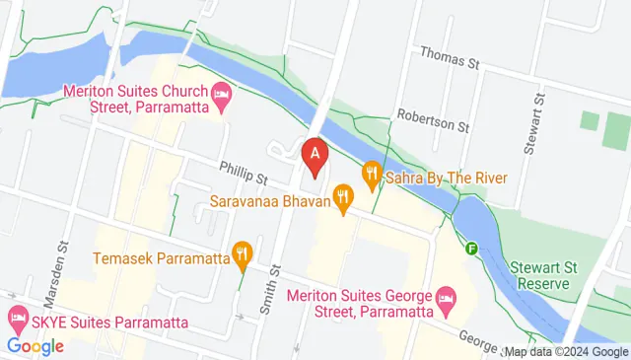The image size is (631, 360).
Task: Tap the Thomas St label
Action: tap(449, 59)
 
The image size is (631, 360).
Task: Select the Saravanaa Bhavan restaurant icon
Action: tap(343, 201)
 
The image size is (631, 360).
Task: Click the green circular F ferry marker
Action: tap(472, 248)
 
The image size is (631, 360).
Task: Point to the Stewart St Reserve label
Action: tap(540, 275)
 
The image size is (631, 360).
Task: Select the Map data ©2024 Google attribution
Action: tap(566, 351)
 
